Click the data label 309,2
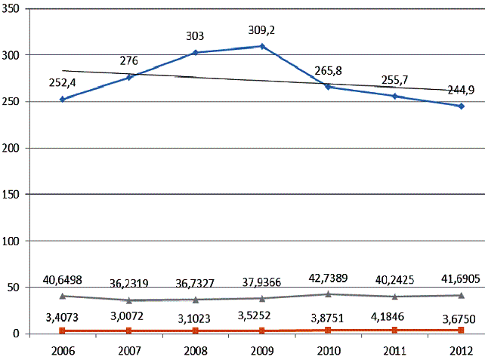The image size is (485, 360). pyautogui.click(x=261, y=30)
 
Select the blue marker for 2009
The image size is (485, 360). pyautogui.click(x=261, y=46)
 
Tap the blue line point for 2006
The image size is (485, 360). pyautogui.click(x=62, y=99)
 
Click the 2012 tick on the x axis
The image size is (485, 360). pyautogui.click(x=460, y=351)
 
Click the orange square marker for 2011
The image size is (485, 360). pyautogui.click(x=394, y=330)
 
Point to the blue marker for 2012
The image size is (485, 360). pyautogui.click(x=461, y=106)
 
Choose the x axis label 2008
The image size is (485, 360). pyautogui.click(x=195, y=351)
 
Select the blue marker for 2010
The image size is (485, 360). pyautogui.click(x=328, y=87)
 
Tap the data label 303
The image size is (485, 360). pyautogui.click(x=195, y=35)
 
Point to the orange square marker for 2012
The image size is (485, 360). pyautogui.click(x=461, y=330)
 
